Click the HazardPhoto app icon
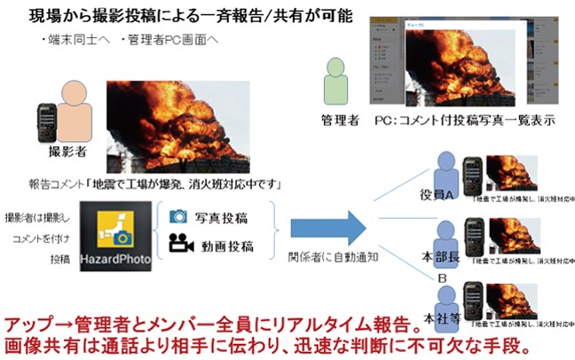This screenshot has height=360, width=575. pyautogui.click(x=115, y=237)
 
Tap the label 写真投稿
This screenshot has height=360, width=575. pyautogui.click(x=222, y=216)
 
